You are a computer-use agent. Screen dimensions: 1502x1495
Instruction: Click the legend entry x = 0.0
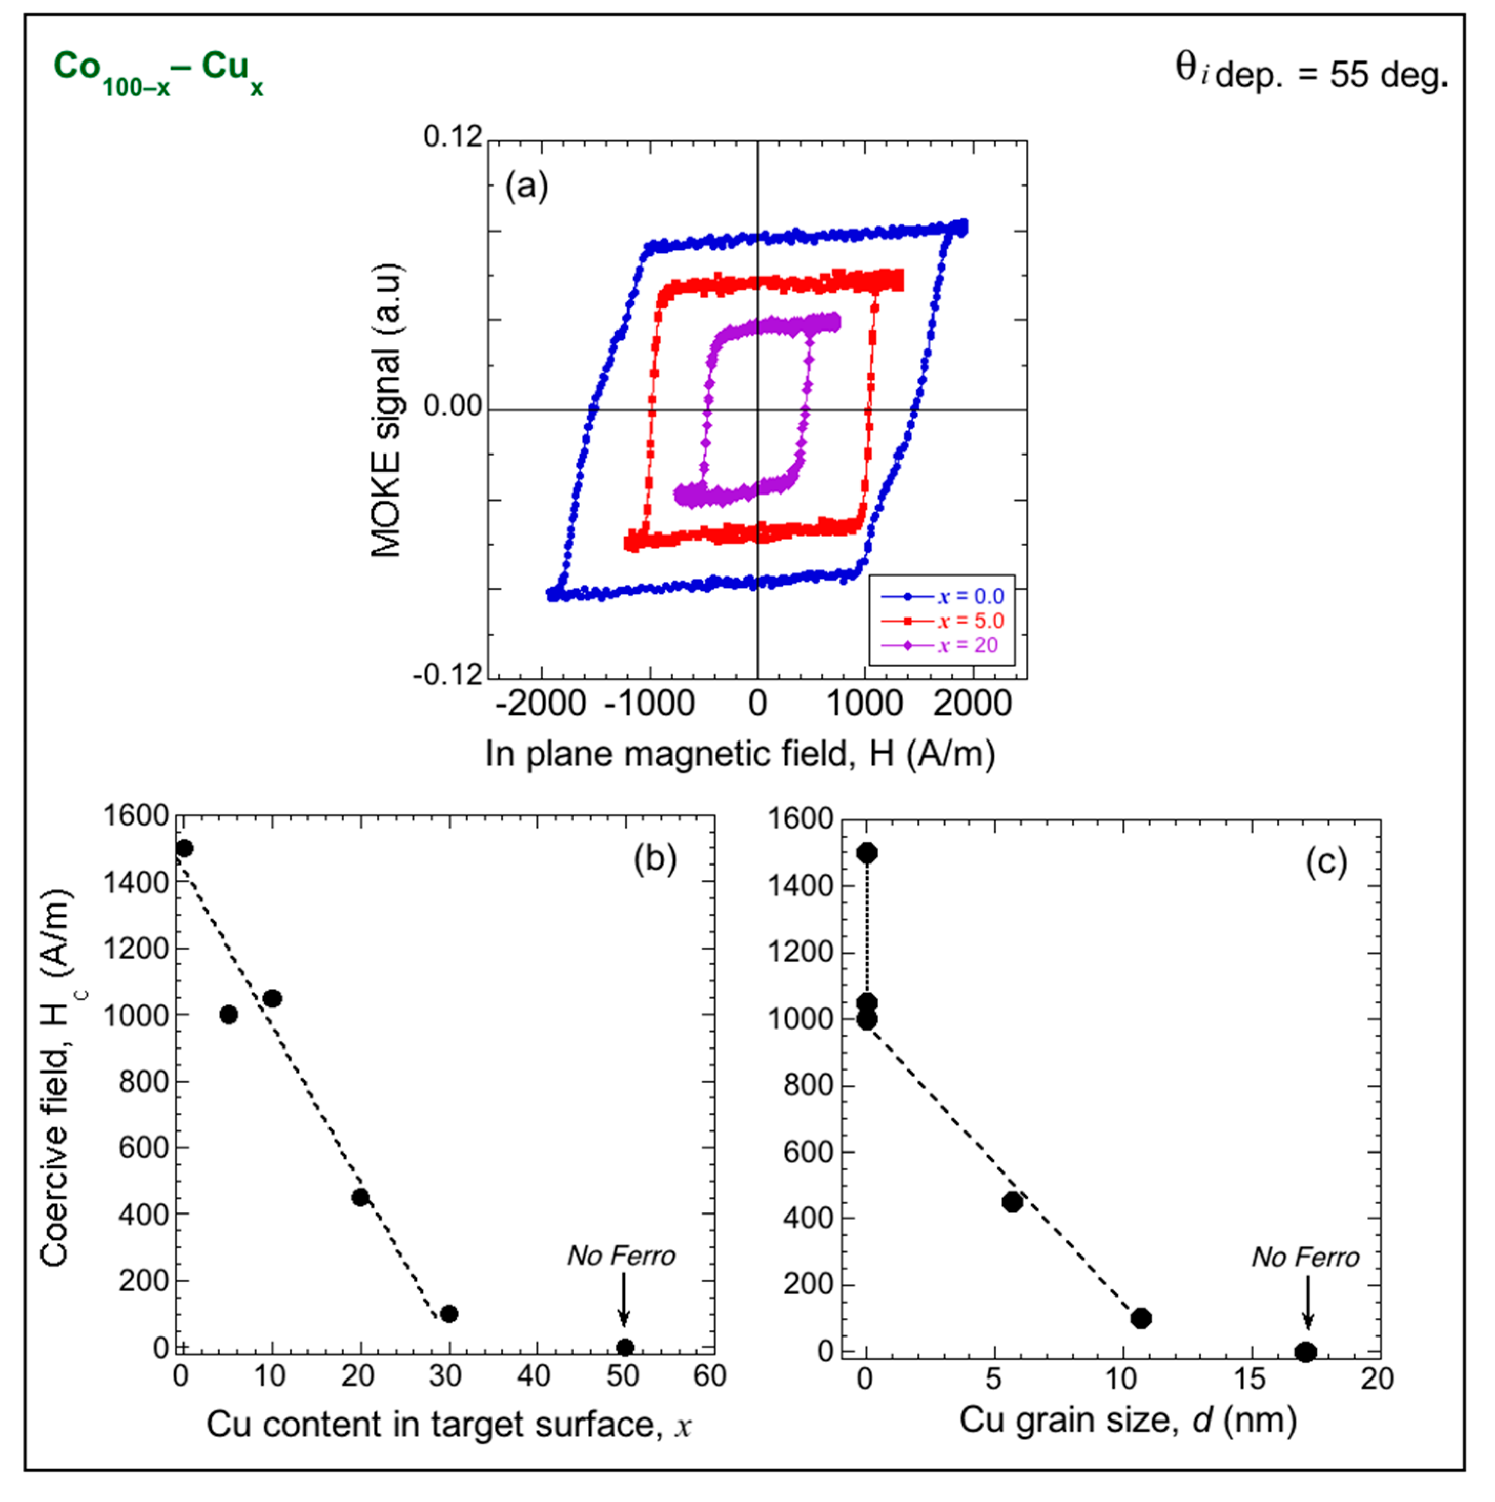[x=942, y=596]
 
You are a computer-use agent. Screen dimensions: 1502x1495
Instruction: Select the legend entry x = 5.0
[x=942, y=621]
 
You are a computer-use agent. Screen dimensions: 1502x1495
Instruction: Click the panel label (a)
[x=527, y=186]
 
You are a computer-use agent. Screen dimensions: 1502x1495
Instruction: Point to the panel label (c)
[x=1325, y=861]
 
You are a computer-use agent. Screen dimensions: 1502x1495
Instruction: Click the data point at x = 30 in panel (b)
[x=448, y=1314]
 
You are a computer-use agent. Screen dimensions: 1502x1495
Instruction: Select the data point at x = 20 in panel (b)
[x=360, y=1197]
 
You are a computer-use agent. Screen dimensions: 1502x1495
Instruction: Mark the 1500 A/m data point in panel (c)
[x=867, y=853]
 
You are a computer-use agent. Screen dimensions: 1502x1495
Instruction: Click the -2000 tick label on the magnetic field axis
[x=540, y=704]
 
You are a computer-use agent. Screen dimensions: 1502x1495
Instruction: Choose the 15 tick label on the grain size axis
[x=1250, y=1379]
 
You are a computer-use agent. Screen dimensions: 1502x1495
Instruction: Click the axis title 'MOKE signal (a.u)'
[x=386, y=410]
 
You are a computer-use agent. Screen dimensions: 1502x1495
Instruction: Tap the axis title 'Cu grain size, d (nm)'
[x=1128, y=1419]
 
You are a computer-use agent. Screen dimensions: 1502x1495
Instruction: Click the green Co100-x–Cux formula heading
[x=158, y=72]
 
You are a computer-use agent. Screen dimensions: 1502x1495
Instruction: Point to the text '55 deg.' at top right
[x=1388, y=75]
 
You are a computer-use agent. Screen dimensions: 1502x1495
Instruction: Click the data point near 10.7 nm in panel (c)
[x=1140, y=1318]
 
